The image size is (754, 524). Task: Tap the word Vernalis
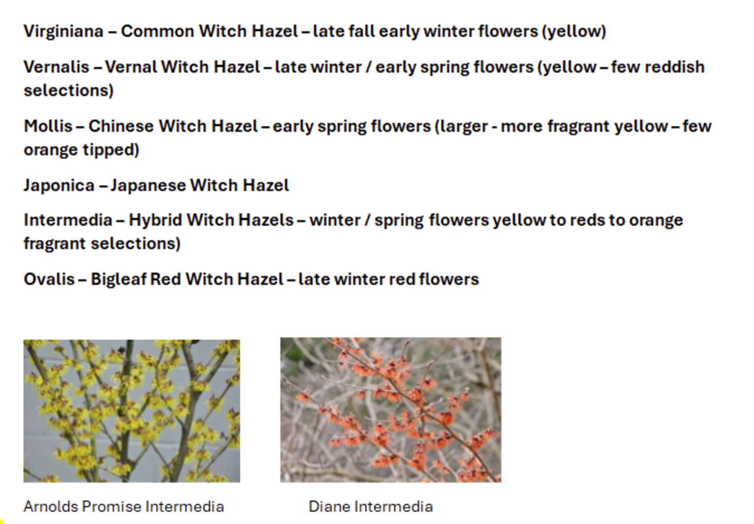tap(56, 67)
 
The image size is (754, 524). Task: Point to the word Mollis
tap(48, 126)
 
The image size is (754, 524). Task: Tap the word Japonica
tap(59, 186)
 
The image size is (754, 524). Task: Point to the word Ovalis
tap(49, 280)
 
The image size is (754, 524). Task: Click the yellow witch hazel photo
tap(131, 411)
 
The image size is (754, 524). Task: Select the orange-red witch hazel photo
tap(391, 410)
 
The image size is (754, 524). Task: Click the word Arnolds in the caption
tap(50, 507)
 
